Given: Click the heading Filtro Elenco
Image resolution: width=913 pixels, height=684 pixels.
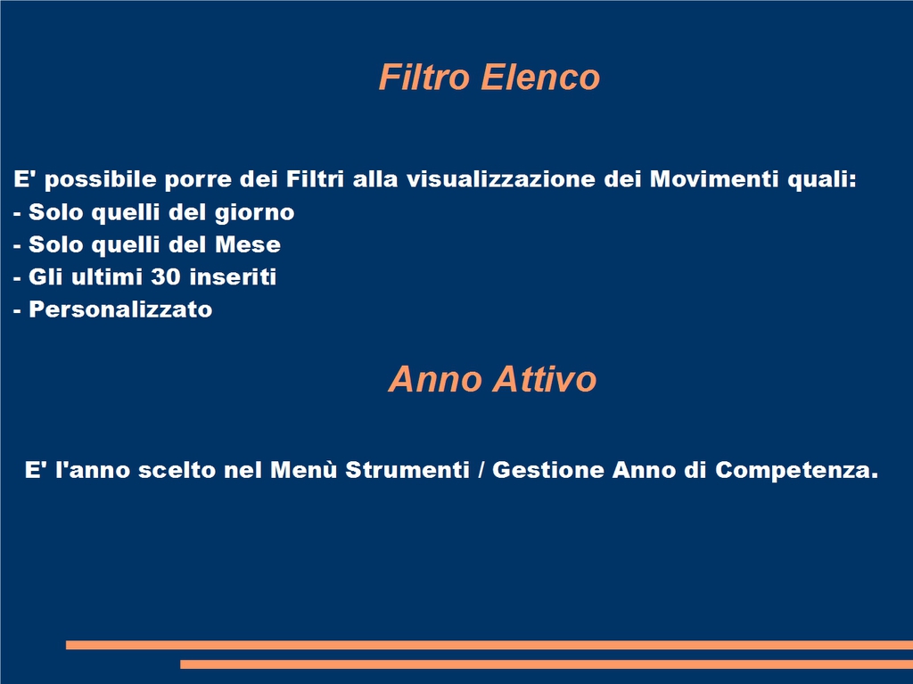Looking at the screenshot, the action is [x=489, y=77].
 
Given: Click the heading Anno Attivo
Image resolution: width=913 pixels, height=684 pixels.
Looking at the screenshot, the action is [x=492, y=379].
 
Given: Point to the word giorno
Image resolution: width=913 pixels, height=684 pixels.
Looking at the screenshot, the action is [x=254, y=213].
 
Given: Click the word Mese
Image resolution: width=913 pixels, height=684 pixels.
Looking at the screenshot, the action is [x=248, y=244].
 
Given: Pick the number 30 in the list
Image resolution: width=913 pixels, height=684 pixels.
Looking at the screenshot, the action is [x=166, y=276].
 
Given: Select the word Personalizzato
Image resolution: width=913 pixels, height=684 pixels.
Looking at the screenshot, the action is [x=120, y=309].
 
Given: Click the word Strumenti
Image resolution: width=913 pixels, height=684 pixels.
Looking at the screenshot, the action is [x=407, y=470].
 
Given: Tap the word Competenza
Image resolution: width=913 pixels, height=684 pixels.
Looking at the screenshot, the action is [x=796, y=470].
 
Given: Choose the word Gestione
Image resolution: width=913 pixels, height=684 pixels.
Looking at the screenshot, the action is [x=548, y=470].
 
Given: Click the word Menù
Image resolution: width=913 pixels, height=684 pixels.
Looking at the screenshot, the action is [x=304, y=470].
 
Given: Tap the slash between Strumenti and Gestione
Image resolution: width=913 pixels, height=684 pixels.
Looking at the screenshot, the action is [x=481, y=470].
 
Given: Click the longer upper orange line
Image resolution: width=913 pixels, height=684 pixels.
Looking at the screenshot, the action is [x=489, y=645].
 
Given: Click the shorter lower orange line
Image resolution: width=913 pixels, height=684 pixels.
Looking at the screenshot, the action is [x=547, y=664].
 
